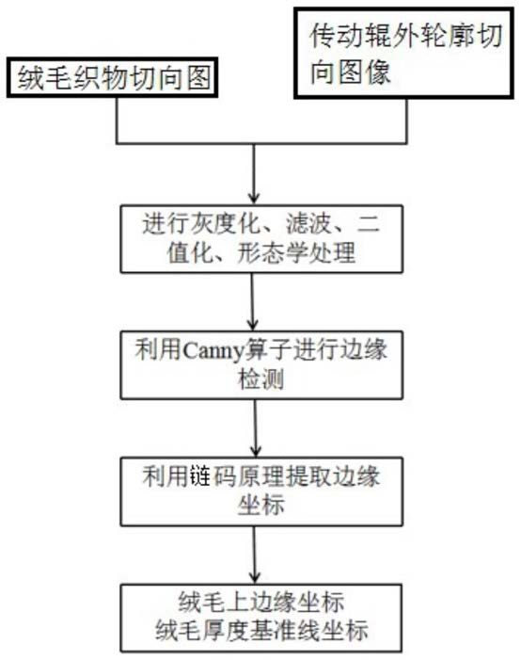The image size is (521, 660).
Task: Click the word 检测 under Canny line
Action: pyautogui.click(x=261, y=378)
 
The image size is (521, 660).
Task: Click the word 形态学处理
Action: pyautogui.click(x=296, y=253)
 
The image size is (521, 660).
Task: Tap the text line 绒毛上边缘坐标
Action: pyautogui.click(x=261, y=602)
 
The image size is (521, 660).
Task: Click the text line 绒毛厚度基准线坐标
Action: pyautogui.click(x=261, y=630)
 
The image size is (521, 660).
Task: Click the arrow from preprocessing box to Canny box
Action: pyautogui.click(x=252, y=302)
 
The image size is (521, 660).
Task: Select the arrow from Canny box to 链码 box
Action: pyautogui.click(x=255, y=428)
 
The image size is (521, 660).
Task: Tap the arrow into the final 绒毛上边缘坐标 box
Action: pyautogui.click(x=254, y=555)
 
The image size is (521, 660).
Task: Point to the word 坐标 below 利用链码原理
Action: pyautogui.click(x=261, y=505)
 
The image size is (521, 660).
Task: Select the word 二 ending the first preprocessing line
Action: pyautogui.click(x=369, y=223)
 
